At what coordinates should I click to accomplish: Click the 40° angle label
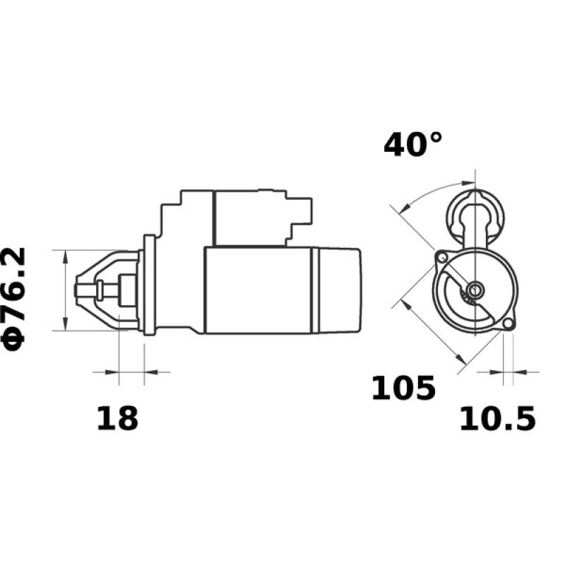[x=413, y=145]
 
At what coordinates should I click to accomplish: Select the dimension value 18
[x=117, y=419]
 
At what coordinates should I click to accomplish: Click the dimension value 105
[x=403, y=388]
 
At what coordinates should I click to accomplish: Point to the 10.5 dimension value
[x=498, y=419]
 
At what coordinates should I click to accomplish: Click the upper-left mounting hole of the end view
[x=441, y=256]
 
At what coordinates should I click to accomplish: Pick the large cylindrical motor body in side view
[x=258, y=290]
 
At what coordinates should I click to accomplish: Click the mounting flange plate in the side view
[x=149, y=286]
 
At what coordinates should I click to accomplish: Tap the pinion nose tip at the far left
[x=79, y=290]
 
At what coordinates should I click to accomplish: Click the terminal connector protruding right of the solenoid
[x=305, y=210]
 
